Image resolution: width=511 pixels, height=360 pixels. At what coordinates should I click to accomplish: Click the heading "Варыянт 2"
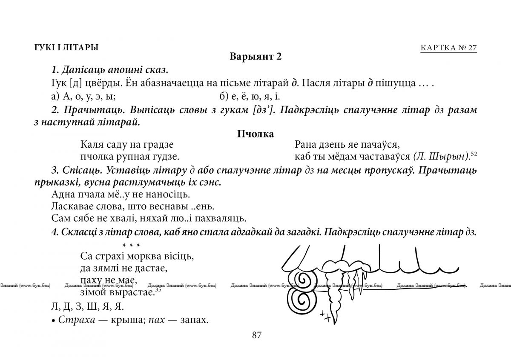pos(255,57)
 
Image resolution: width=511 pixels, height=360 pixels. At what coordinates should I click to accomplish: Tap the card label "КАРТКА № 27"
pos(448,48)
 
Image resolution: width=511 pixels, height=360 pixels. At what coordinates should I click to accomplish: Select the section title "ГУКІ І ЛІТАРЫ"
pos(66,48)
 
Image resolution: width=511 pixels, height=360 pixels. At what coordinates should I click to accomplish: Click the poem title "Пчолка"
pos(255,134)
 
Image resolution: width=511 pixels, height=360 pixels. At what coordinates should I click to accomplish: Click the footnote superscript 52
pos(474,154)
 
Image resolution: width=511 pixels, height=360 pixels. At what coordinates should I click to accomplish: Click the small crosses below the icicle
pos(326,316)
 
